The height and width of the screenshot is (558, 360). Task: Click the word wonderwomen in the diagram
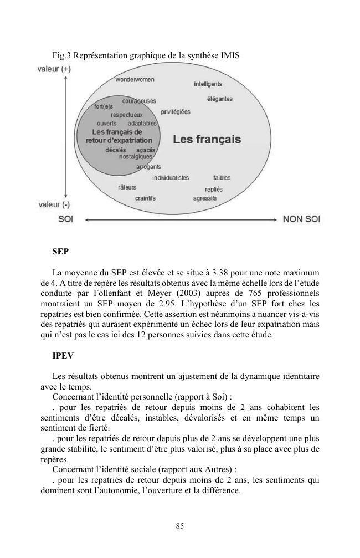point(135,80)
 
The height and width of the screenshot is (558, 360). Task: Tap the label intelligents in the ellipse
point(208,84)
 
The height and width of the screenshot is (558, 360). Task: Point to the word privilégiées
point(176,112)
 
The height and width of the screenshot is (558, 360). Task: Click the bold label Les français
point(207,139)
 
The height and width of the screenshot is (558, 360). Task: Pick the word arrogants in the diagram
point(148,167)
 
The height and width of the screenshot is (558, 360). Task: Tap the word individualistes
point(171,178)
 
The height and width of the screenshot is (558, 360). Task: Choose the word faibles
point(222,178)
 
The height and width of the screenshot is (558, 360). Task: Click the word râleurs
point(127,187)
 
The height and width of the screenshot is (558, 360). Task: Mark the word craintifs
point(145,198)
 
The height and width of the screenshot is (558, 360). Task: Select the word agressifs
point(205,198)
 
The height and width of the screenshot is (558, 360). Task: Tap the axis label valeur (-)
point(54,204)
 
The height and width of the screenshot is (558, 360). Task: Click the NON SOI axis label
point(301,219)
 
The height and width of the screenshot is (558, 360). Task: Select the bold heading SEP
point(60,251)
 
